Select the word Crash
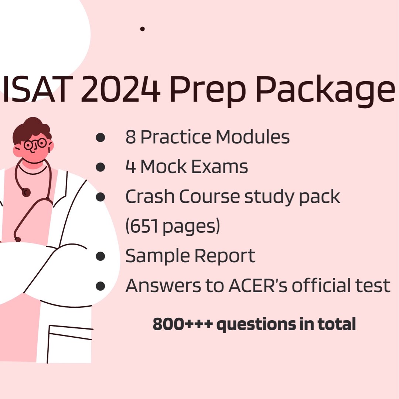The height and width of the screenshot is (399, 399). click(150, 197)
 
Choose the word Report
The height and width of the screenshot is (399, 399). click(225, 256)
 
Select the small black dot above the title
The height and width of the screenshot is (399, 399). click(142, 29)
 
